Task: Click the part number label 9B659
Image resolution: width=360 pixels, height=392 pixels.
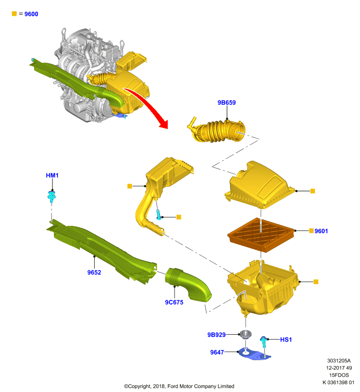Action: tap(227, 102)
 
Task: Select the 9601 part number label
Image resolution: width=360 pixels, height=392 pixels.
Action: tap(321, 231)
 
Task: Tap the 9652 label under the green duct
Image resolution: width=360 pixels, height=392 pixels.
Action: tap(94, 272)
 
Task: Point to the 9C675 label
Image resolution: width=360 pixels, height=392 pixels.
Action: tap(174, 302)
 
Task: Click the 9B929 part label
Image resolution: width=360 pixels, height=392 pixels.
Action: tap(216, 335)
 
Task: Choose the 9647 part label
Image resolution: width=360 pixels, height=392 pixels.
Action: tap(217, 352)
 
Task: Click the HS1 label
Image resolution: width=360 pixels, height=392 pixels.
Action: tap(286, 340)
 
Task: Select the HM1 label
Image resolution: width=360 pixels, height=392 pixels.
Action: tap(52, 175)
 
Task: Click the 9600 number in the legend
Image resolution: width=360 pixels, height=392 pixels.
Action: tap(31, 14)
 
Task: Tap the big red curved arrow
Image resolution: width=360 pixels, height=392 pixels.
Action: tap(148, 104)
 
